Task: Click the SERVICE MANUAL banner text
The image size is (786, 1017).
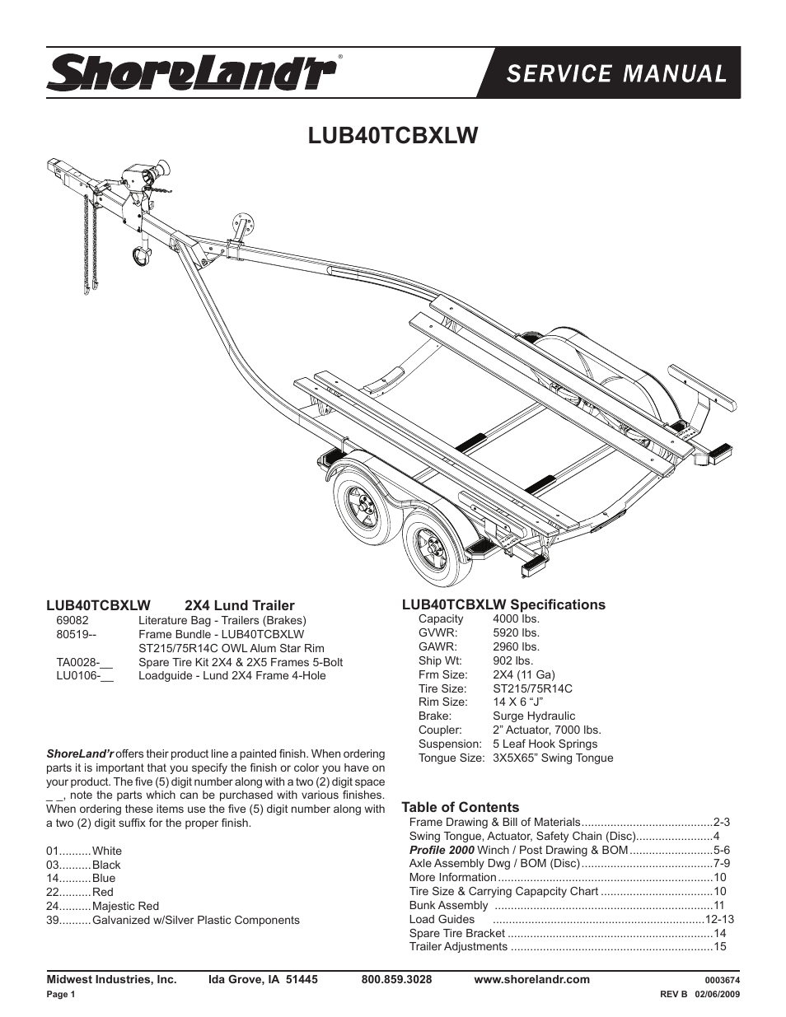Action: [x=616, y=73]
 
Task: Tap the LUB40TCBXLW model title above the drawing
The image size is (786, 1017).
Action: [x=393, y=134]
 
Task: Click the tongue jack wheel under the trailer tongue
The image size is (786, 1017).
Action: [x=142, y=256]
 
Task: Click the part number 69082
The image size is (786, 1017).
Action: [x=73, y=620]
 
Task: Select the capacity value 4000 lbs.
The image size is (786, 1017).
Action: [x=516, y=618]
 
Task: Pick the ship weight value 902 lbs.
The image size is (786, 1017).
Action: [x=512, y=660]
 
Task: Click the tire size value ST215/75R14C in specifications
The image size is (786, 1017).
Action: [x=532, y=688]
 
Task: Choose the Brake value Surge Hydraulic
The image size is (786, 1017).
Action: [x=534, y=716]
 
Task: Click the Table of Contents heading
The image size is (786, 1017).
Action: [x=460, y=807]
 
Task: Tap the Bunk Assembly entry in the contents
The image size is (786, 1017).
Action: [x=448, y=905]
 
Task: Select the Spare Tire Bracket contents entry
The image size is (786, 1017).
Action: [x=456, y=933]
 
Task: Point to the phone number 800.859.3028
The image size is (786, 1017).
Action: [x=396, y=979]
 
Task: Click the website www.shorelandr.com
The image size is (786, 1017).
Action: [x=531, y=979]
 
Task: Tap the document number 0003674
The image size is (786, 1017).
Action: [x=723, y=981]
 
